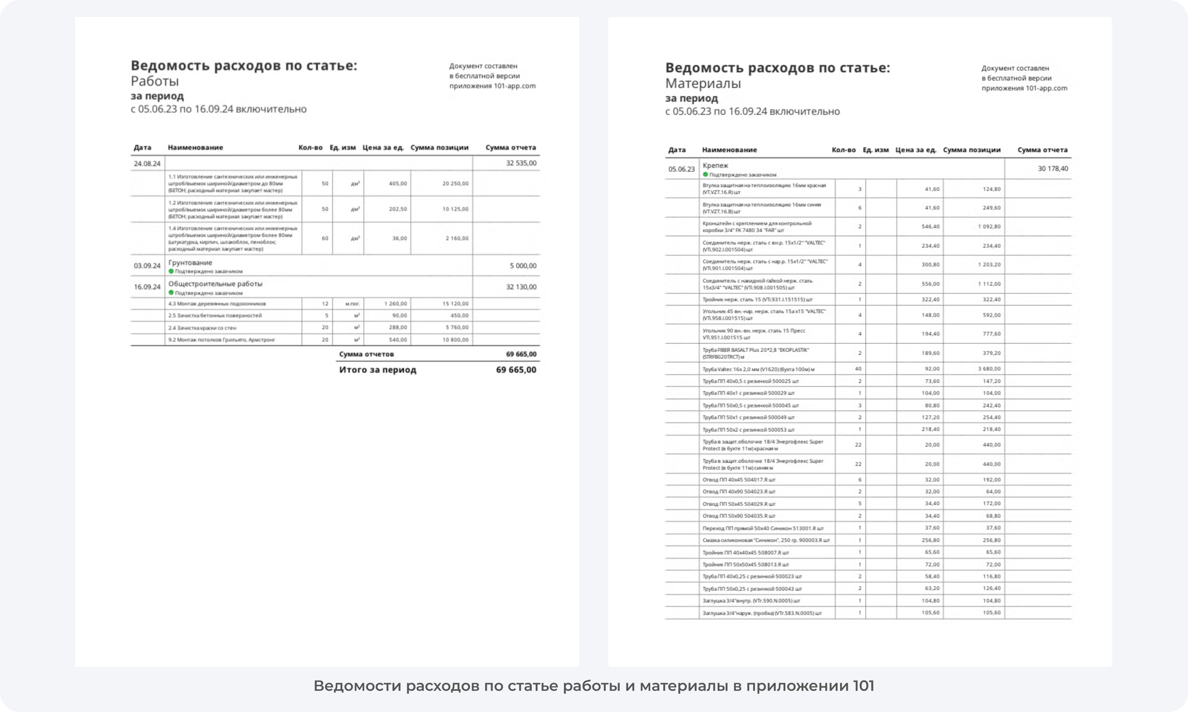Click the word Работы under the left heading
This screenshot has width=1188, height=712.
155,81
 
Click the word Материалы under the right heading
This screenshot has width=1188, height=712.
703,83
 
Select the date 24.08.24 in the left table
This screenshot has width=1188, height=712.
147,164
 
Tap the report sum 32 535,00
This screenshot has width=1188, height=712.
521,163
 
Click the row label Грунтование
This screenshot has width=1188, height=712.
190,262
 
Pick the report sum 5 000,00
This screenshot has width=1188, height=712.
523,266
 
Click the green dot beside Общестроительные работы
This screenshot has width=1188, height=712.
171,293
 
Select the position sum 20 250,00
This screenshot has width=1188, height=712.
455,183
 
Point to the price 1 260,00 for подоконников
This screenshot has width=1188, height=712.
395,304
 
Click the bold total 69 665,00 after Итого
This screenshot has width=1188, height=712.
516,370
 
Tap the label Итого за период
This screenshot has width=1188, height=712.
377,370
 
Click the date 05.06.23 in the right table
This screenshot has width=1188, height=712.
681,169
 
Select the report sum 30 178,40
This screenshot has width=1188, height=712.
1053,168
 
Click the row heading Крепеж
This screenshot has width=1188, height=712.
715,166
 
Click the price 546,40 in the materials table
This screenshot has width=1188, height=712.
930,226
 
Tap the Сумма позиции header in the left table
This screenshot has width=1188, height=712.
439,148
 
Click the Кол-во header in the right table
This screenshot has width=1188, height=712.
843,150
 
